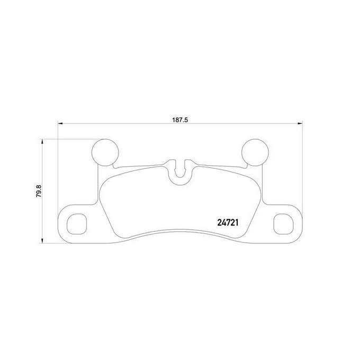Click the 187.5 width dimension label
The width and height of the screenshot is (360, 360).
pyautogui.click(x=180, y=120)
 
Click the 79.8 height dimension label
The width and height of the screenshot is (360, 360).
pyautogui.click(x=39, y=191)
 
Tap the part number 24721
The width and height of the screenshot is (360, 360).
pyautogui.click(x=228, y=223)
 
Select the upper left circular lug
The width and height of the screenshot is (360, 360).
pyautogui.click(x=105, y=152)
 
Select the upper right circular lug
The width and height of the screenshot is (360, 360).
pyautogui.click(x=255, y=152)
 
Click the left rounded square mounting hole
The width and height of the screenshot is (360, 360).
pyautogui.click(x=77, y=224)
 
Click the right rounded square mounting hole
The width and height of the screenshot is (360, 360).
pyautogui.click(x=284, y=224)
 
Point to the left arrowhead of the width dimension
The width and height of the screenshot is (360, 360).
pyautogui.click(x=60, y=123)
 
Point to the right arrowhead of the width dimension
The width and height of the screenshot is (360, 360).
pyautogui.click(x=300, y=123)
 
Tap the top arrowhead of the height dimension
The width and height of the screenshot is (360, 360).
pyautogui.click(x=42, y=141)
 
